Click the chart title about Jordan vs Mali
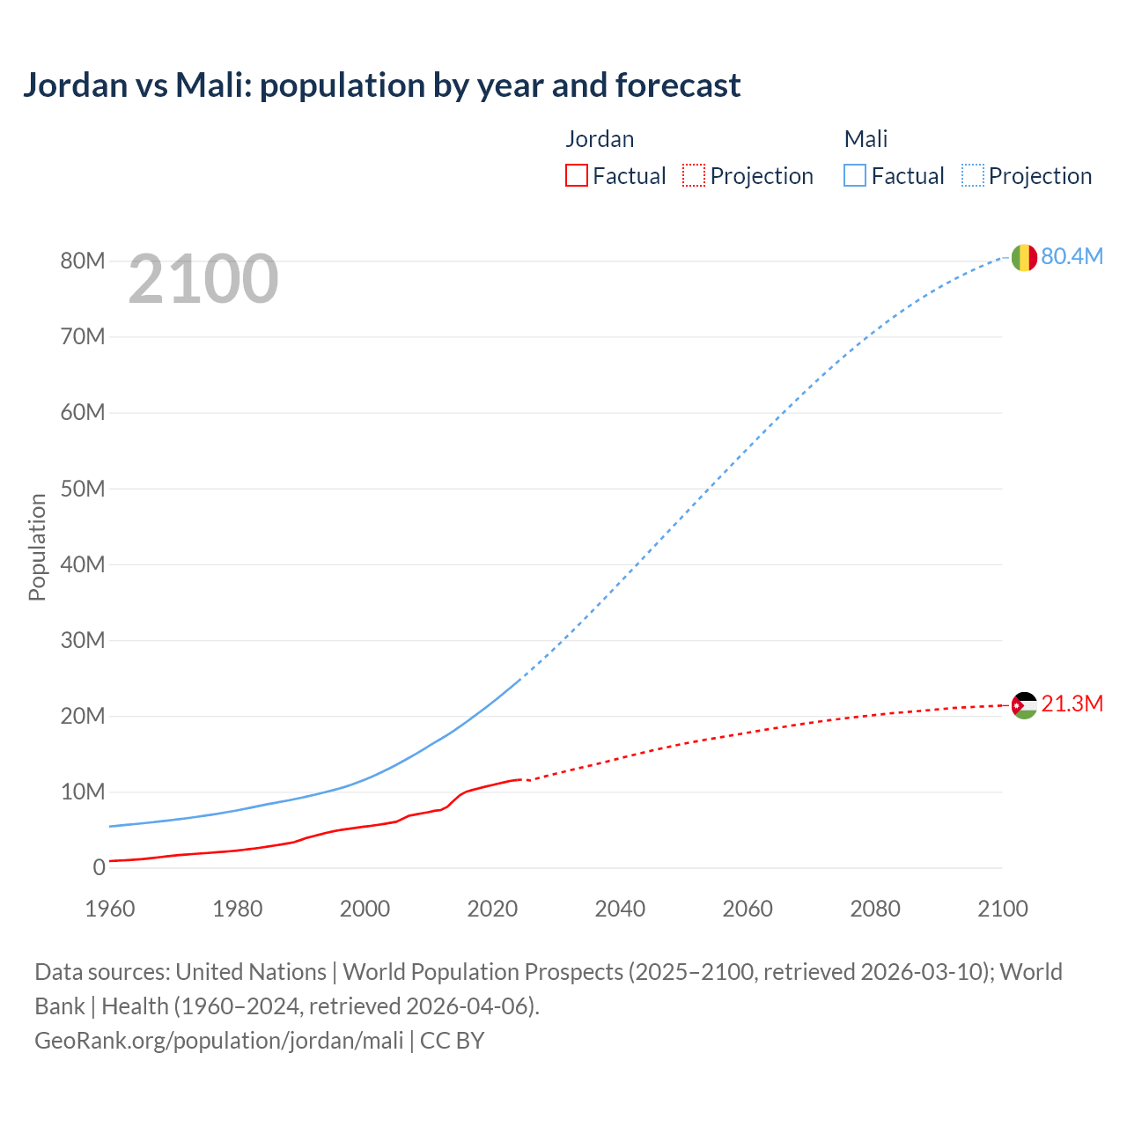click(381, 85)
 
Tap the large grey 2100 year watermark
click(203, 279)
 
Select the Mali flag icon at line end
click(1023, 257)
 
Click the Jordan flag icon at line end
click(1023, 705)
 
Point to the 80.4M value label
click(1072, 256)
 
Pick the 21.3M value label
click(1072, 704)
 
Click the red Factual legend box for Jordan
click(576, 176)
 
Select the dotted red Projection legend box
click(694, 176)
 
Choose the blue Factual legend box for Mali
click(855, 176)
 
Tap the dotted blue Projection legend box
click(973, 176)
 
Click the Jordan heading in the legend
click(600, 139)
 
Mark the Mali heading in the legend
click(866, 139)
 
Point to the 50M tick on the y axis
click(83, 489)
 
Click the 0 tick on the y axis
click(99, 868)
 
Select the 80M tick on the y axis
click(83, 261)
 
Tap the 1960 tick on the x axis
click(110, 909)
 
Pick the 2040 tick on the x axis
click(620, 909)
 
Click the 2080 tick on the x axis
click(875, 909)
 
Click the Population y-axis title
click(37, 547)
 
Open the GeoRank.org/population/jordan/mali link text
click(218, 1041)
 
